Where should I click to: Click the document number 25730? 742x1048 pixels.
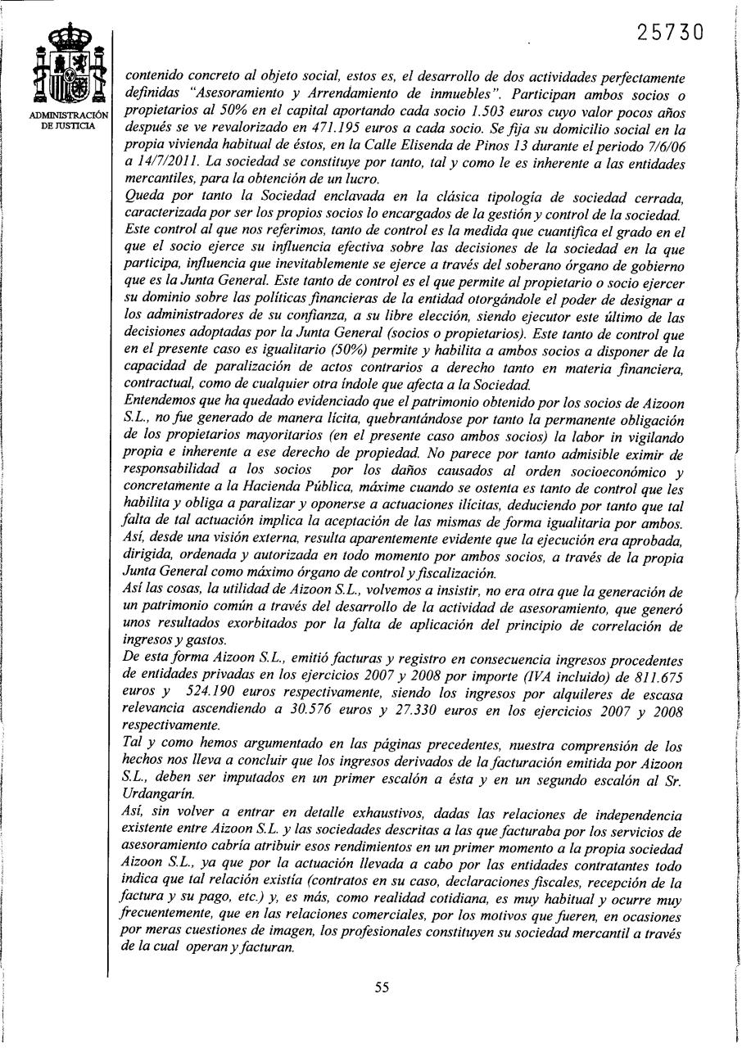point(670,33)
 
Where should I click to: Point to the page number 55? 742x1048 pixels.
point(381,987)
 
